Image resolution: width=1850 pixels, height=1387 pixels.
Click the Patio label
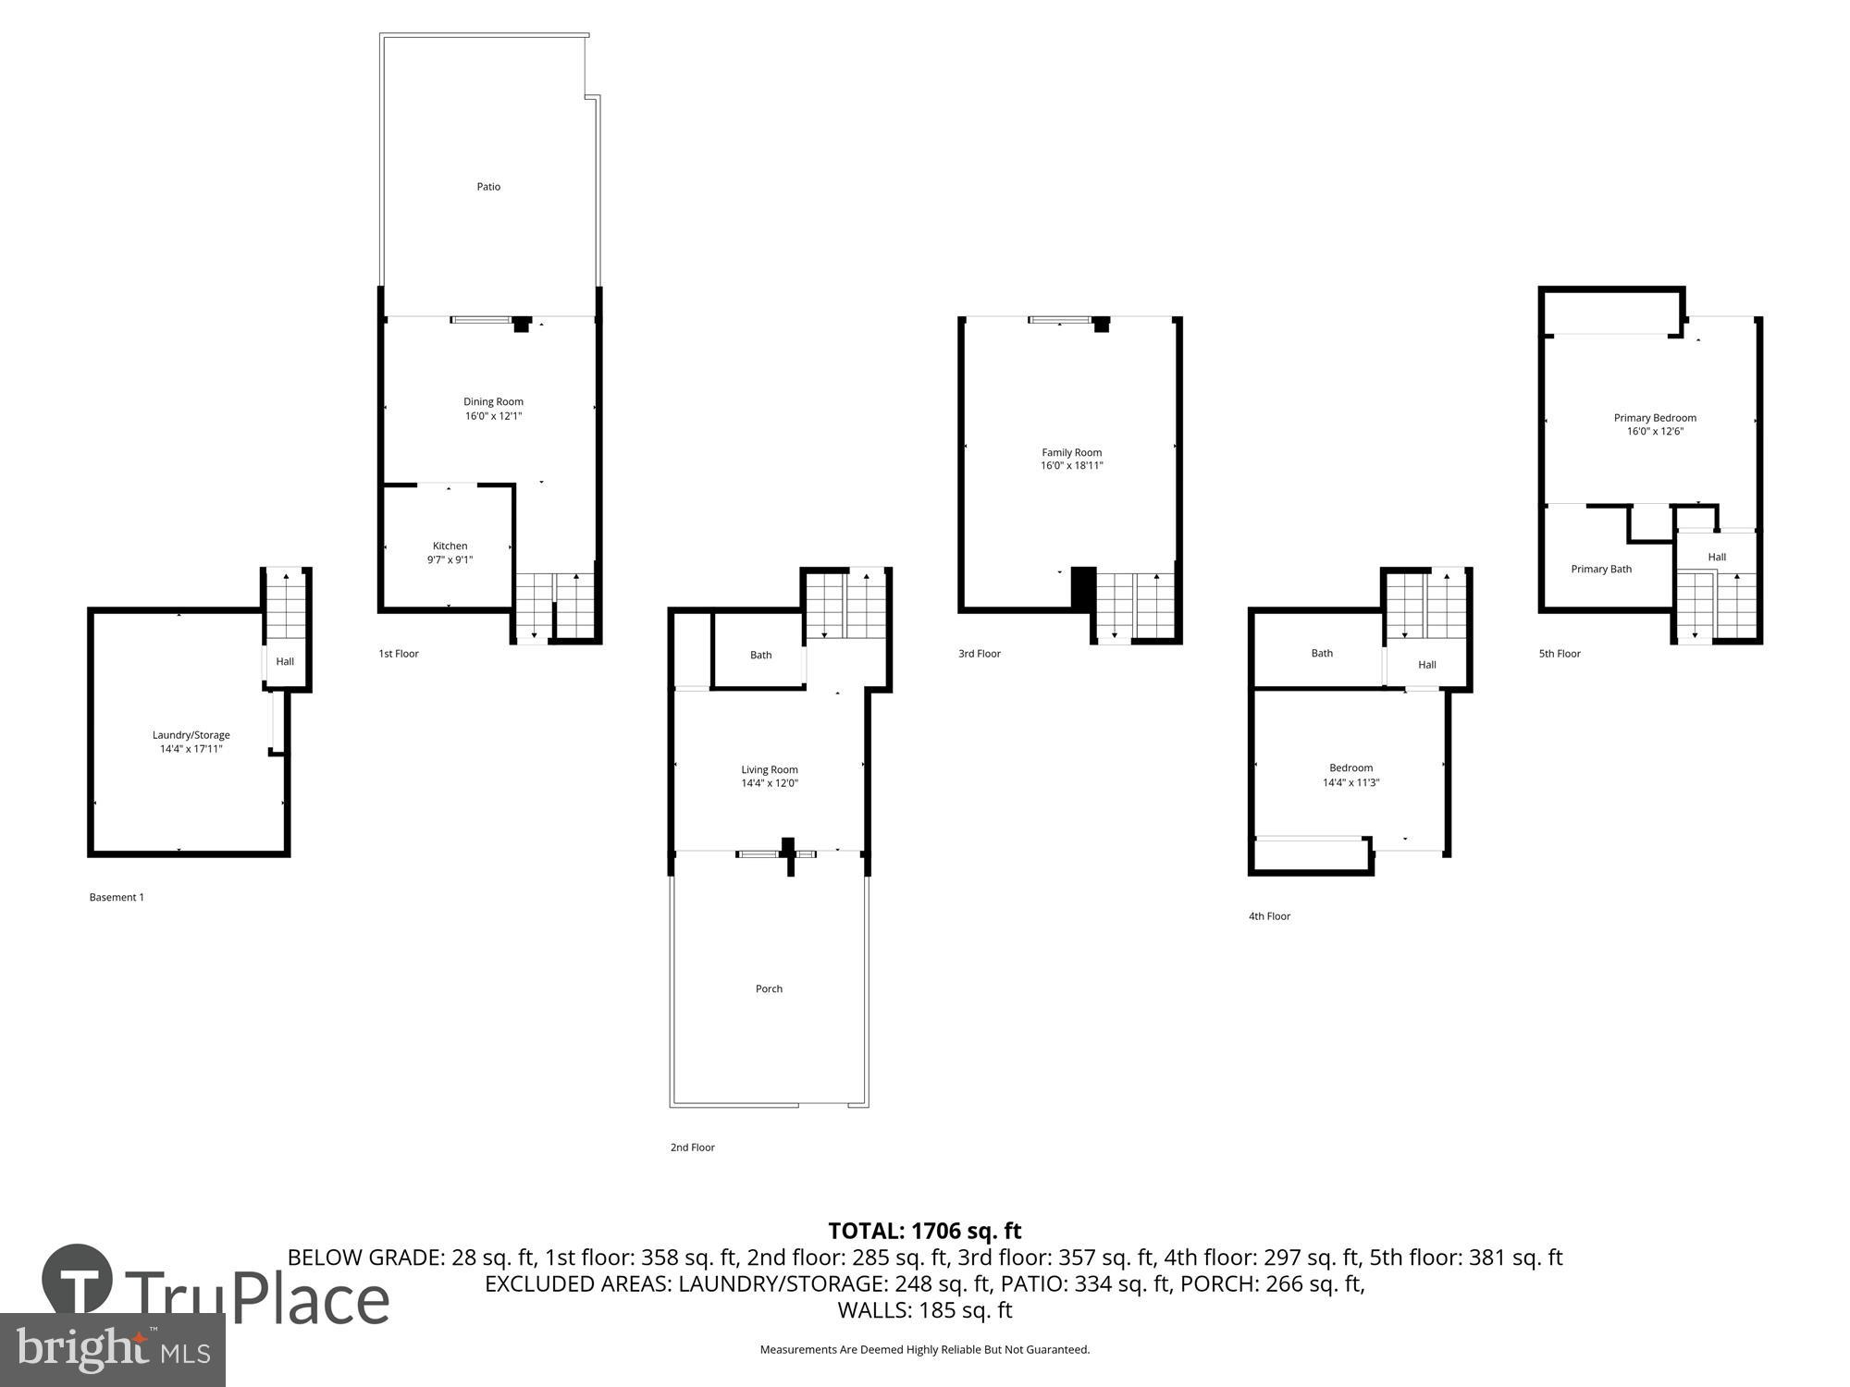pos(488,187)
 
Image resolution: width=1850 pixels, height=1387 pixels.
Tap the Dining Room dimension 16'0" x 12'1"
pos(493,416)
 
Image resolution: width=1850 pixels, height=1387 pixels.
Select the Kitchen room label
pos(450,546)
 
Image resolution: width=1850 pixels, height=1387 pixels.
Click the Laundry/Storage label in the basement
pos(191,735)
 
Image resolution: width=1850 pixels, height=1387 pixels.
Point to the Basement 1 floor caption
pos(117,897)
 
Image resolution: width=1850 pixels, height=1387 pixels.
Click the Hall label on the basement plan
pos(285,661)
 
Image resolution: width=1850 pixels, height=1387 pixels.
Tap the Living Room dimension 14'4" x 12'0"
pos(769,783)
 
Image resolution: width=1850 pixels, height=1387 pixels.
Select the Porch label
pos(769,988)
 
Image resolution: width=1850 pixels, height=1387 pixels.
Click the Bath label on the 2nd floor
pos(760,655)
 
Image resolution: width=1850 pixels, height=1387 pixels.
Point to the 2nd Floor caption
pos(692,1148)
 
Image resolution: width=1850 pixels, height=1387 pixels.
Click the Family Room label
pos(1071,452)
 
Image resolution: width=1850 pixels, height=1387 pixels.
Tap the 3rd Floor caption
pos(979,654)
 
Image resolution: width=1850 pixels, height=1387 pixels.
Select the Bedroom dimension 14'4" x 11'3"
pos(1350,782)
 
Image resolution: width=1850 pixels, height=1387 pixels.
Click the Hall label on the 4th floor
pos(1426,665)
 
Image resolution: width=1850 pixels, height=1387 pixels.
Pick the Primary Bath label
pos(1600,569)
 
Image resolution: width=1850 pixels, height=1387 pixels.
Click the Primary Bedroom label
pos(1655,418)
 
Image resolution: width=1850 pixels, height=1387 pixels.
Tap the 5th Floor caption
pos(1560,654)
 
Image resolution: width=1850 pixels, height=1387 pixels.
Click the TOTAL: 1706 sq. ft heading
pos(924,1231)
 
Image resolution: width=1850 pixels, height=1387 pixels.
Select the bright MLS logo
pos(113,1351)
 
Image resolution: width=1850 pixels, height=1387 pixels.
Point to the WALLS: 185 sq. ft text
pos(924,1310)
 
